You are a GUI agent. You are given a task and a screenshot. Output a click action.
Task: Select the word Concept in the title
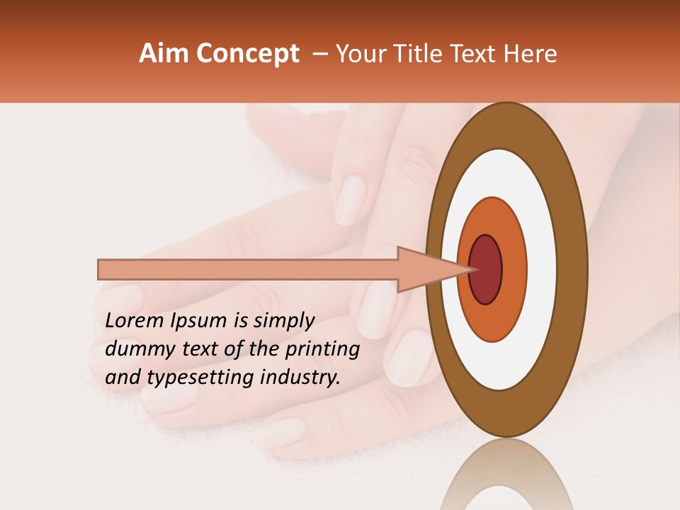click(247, 55)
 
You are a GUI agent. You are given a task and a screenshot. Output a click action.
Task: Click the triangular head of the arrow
click(425, 270)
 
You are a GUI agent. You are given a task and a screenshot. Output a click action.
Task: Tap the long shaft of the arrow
click(248, 270)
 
